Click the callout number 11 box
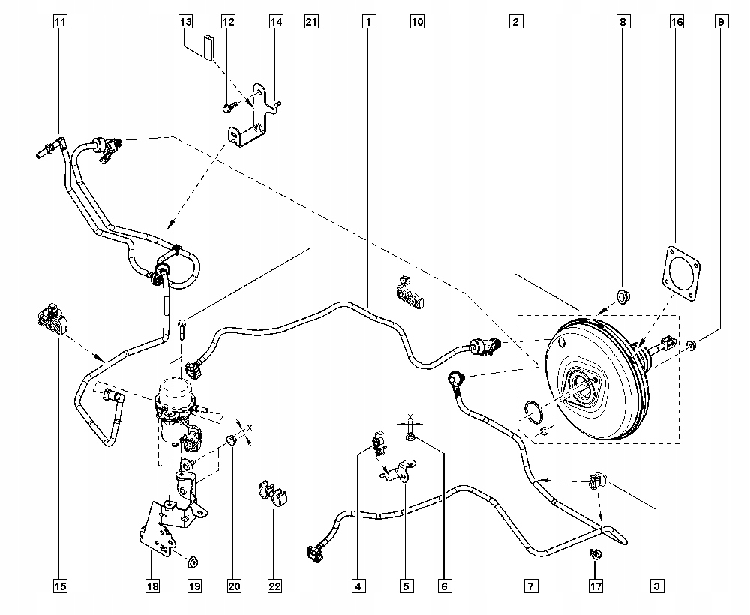coord(60,22)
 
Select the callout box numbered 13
coord(185,22)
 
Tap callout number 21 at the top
coord(311,22)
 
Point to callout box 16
coord(676,22)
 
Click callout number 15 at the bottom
coord(60,586)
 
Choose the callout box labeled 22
coord(274,586)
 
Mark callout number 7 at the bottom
coord(531,586)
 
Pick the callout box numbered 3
coord(657,586)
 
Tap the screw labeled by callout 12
coord(229,107)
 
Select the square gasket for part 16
coord(682,274)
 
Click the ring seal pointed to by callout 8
coord(623,296)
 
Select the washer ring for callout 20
coord(232,439)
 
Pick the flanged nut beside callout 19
coord(193,562)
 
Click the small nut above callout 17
coord(595,553)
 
